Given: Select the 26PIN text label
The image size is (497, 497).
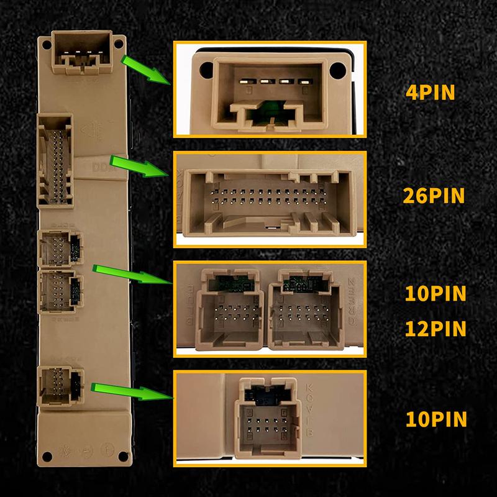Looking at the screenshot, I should point(434,196).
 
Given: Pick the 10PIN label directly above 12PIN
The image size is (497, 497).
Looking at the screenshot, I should point(435,293).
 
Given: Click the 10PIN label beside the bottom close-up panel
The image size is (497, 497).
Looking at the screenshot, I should point(435,419).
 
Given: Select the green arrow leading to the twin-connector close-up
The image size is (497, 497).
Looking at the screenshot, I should point(132,275).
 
